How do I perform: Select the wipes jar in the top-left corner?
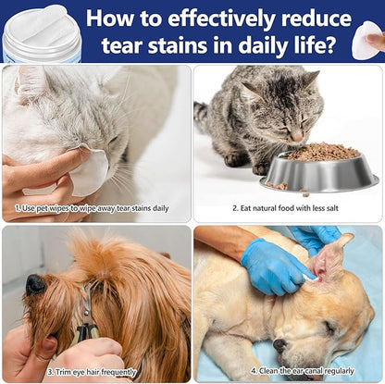pyautogui.click(x=42, y=30)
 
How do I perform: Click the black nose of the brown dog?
pyautogui.click(x=34, y=284)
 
